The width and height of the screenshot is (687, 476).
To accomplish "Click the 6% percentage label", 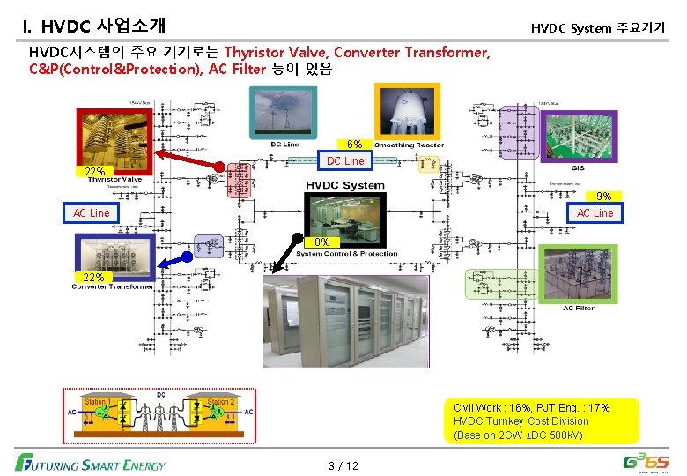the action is tap(353, 144).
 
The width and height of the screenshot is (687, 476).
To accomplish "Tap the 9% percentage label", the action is tap(603, 197).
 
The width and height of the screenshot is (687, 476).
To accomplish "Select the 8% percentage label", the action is tap(322, 242).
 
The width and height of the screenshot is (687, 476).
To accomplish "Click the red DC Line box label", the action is tap(344, 160).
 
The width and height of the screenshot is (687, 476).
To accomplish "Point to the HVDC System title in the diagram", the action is tap(345, 185).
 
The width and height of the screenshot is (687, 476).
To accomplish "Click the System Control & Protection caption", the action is tap(346, 254).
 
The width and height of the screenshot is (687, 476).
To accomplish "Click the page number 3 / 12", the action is tap(343, 465).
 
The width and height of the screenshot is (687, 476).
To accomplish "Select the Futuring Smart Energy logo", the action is tap(90, 462).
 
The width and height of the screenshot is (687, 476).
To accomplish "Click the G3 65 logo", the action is tap(645, 461).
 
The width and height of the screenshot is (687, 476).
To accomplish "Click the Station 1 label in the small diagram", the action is tap(96, 401).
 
